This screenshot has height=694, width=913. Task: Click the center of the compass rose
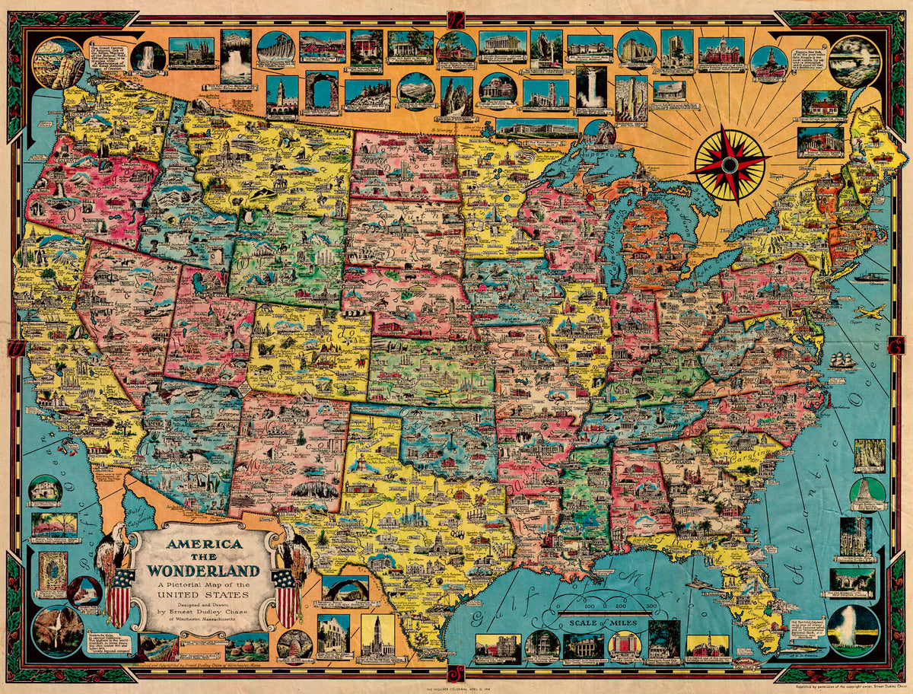pyautogui.click(x=730, y=164)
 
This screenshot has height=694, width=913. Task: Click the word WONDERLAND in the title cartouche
pyautogui.click(x=203, y=571)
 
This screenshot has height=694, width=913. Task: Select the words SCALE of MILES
pyautogui.click(x=601, y=622)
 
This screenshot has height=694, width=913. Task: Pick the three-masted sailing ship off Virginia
pyautogui.click(x=842, y=360)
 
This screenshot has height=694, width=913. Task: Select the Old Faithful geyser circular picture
pyautogui.click(x=853, y=630)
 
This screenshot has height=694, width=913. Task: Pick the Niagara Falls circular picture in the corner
pyautogui.click(x=855, y=61)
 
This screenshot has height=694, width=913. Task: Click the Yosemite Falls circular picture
pyautogui.click(x=57, y=630)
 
